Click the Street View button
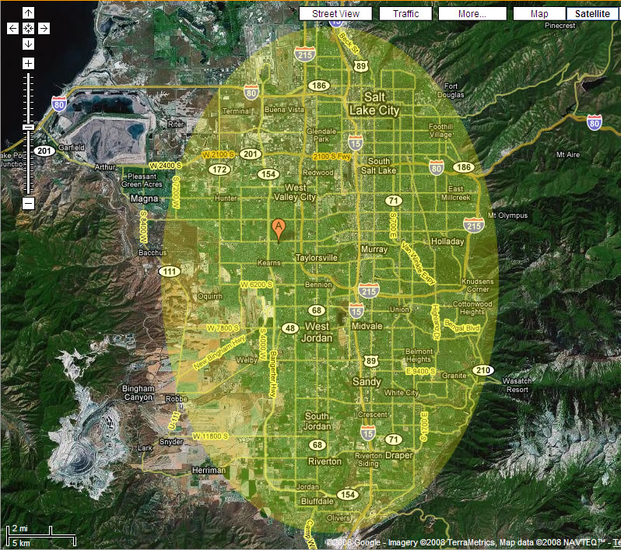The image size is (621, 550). tap(335, 14)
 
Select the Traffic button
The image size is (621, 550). tap(405, 14)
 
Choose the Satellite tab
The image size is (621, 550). tap(592, 14)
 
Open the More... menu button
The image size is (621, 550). tap(472, 14)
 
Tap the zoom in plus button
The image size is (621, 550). tap(29, 63)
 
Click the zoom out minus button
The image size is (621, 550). tap(29, 203)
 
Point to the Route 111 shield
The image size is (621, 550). tap(168, 271)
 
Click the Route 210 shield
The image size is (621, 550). tap(482, 370)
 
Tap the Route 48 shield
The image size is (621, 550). tap(290, 328)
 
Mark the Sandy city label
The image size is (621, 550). tap(367, 382)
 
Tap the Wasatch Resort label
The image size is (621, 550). tap(517, 385)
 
